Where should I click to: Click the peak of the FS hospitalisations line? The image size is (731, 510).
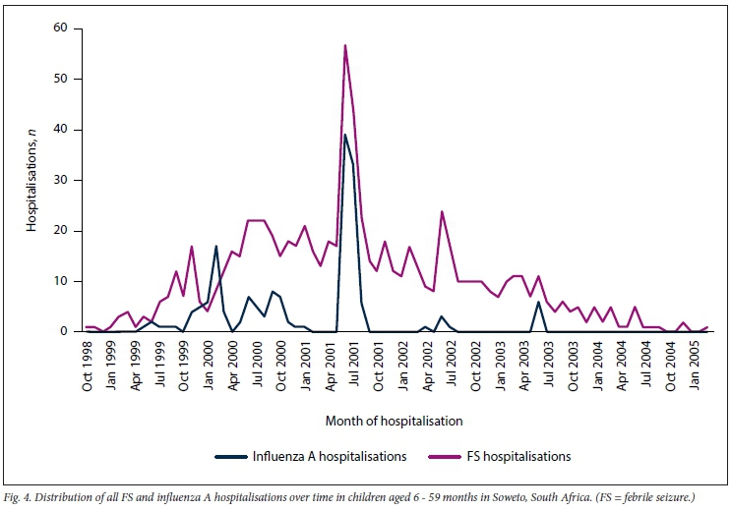pos(344,45)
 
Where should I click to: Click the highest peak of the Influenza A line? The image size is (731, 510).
pos(344,135)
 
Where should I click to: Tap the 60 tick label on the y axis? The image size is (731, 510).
pos(60,28)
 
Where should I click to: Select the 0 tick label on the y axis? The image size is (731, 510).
pos(63,332)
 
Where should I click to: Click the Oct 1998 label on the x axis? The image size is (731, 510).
pos(87,367)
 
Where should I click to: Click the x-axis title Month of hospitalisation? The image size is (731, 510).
pos(395,421)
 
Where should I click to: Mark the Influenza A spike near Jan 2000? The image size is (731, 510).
pos(215,246)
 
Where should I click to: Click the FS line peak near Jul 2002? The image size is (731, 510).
pos(442,211)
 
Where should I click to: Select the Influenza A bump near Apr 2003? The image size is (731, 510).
pos(538,302)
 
